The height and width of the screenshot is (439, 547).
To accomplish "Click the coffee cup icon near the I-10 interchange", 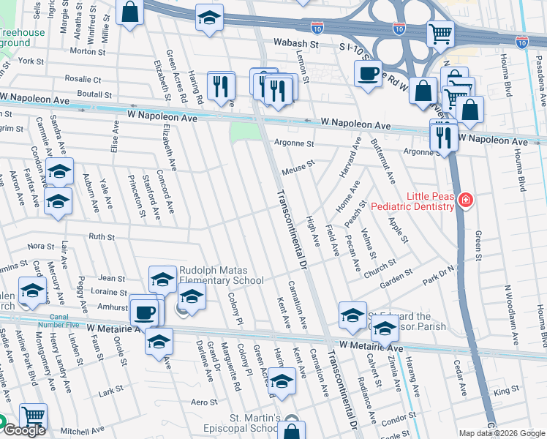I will pos(368,72).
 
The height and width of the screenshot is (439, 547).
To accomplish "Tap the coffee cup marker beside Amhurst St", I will pos(144,312).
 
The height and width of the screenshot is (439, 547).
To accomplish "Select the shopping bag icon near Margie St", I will pos(129,12).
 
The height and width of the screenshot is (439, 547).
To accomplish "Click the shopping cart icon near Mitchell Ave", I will pos(33,416).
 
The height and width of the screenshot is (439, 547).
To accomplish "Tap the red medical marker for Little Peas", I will pos(464,200).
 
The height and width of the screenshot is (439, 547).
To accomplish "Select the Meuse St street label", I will pos(298,168).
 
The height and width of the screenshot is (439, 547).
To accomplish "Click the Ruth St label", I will pos(102,236).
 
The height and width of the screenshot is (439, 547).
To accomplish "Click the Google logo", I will pos(24,430).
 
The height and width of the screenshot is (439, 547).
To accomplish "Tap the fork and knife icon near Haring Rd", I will pos(220,87).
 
